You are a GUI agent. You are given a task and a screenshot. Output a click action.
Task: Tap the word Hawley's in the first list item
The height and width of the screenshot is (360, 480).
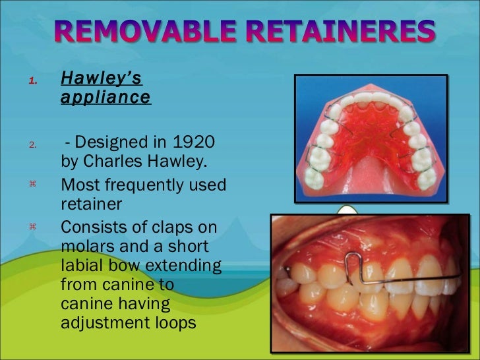[101, 78]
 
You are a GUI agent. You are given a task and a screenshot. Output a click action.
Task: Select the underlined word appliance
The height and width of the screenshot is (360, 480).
[105, 98]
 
